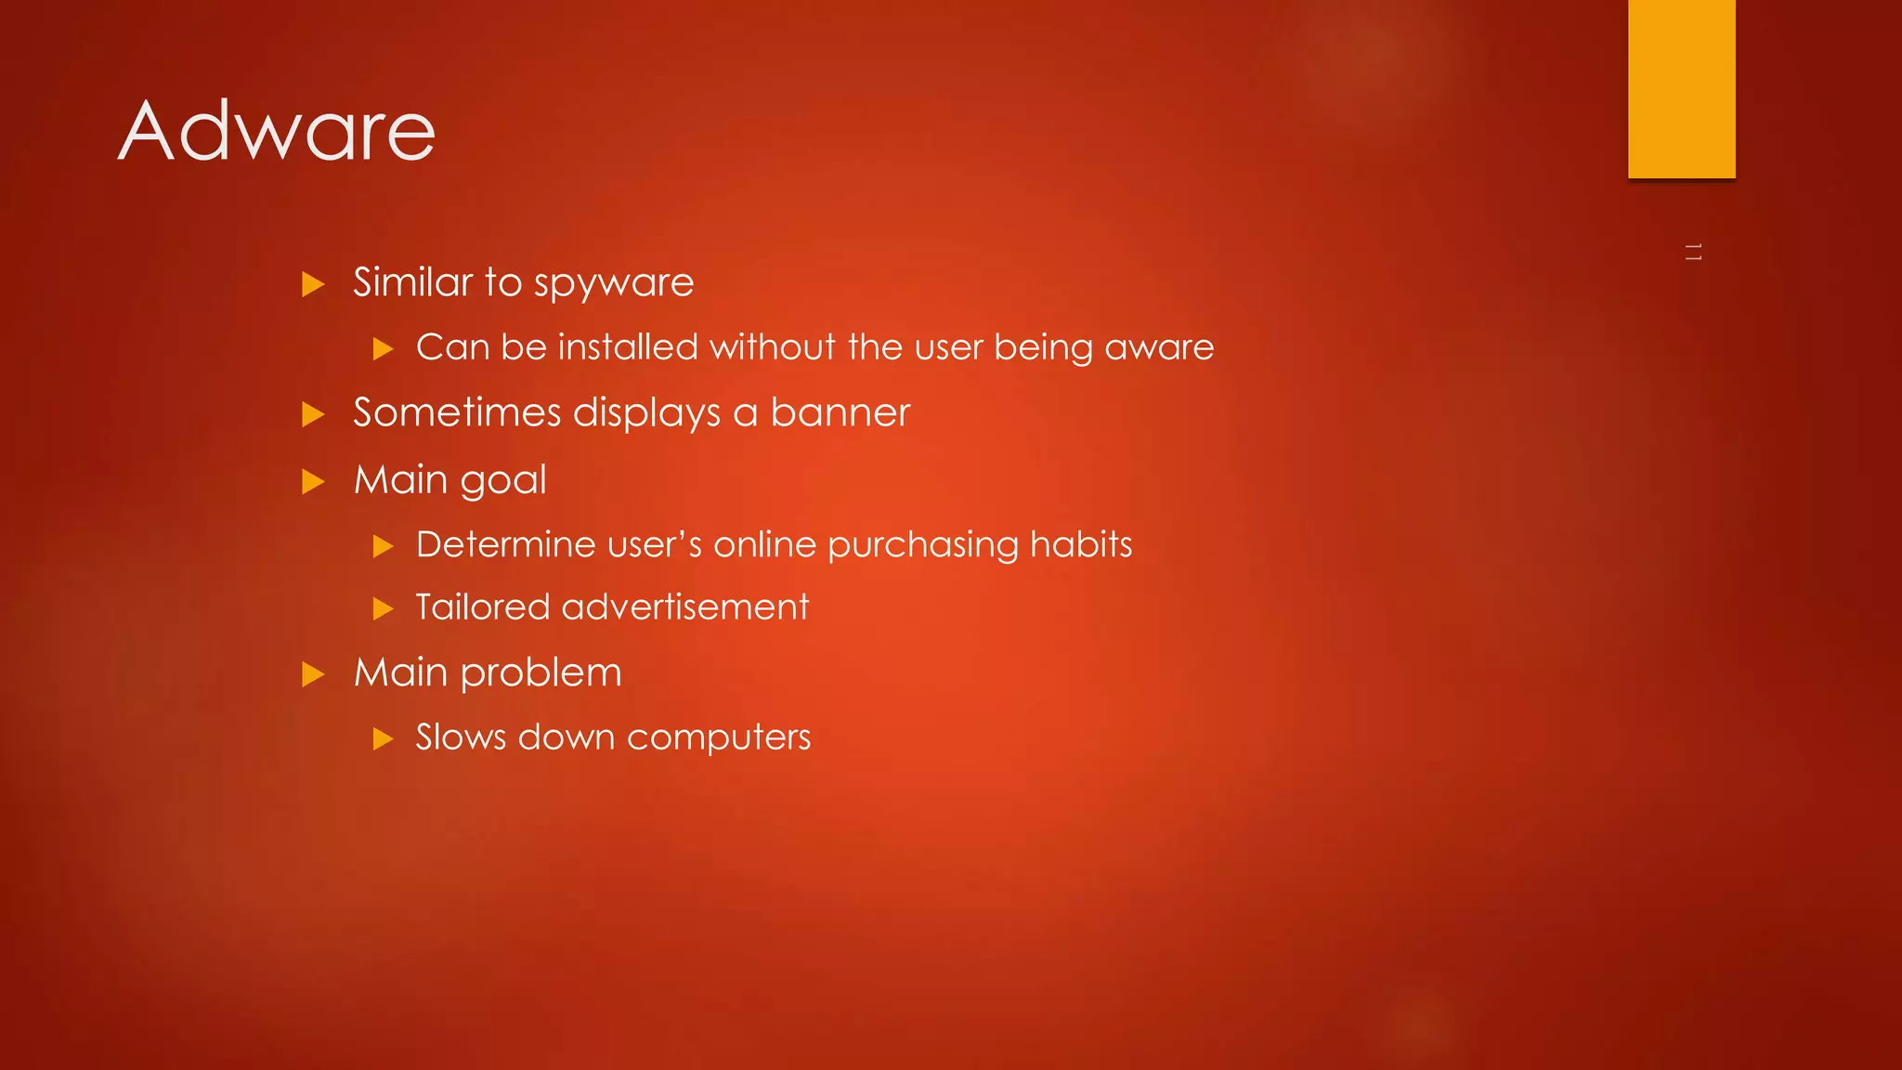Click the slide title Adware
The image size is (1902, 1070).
point(277,131)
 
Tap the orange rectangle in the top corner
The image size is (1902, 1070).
point(1681,88)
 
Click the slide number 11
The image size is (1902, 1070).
point(1693,252)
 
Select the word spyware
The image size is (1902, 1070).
point(614,283)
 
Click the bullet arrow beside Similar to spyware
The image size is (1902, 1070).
point(313,284)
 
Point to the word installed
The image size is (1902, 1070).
point(627,347)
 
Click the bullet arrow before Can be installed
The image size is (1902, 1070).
point(383,349)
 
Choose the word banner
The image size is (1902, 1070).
point(840,412)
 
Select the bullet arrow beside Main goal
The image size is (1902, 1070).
point(313,481)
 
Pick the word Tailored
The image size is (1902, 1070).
point(482,607)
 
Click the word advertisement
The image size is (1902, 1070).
point(685,607)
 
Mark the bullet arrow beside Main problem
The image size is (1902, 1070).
point(313,674)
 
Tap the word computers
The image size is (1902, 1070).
point(718,738)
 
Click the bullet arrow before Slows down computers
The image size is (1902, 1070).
point(383,739)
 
